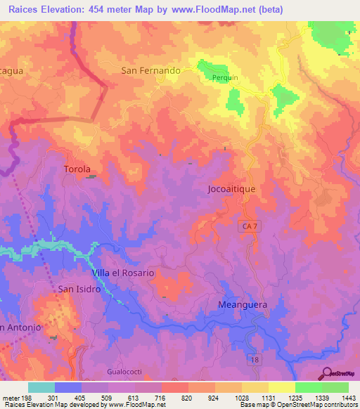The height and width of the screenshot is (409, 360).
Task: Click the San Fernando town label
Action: (x=151, y=71)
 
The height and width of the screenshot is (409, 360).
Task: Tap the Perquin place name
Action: (x=226, y=79)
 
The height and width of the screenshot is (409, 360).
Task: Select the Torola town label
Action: (x=77, y=169)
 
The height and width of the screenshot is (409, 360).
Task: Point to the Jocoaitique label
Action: (x=236, y=189)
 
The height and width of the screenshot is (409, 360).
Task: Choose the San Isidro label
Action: (x=79, y=289)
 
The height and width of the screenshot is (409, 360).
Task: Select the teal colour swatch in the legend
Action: (x=41, y=387)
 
